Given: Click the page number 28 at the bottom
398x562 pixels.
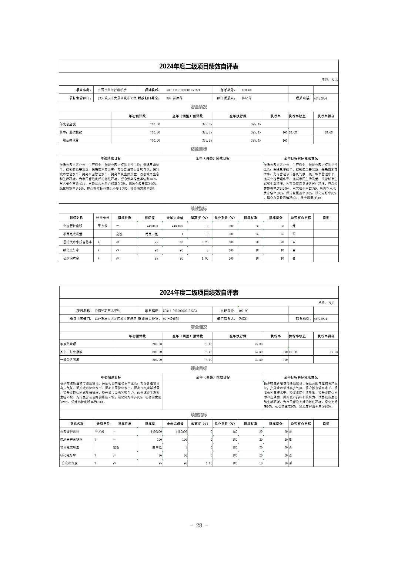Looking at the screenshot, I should coord(199,525).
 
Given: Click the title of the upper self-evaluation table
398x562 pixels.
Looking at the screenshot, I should coord(198,67).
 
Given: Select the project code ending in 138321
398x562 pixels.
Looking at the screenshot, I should coord(183,90).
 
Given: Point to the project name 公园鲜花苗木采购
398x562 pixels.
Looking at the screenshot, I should coord(107,311).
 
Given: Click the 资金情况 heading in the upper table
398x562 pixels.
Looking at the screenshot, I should coord(198,107).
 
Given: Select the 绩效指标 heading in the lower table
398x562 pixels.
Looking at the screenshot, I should coord(198,415).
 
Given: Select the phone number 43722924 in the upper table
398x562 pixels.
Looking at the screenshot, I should coord(320,98).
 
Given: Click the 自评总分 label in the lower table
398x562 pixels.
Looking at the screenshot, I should coord(225,311).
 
